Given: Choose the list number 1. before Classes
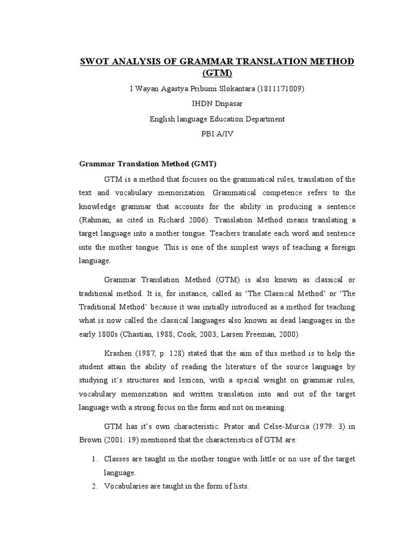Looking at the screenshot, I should pyautogui.click(x=93, y=459).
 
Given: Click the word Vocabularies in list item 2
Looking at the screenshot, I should pyautogui.click(x=126, y=486).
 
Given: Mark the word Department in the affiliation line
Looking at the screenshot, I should pyautogui.click(x=261, y=119).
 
